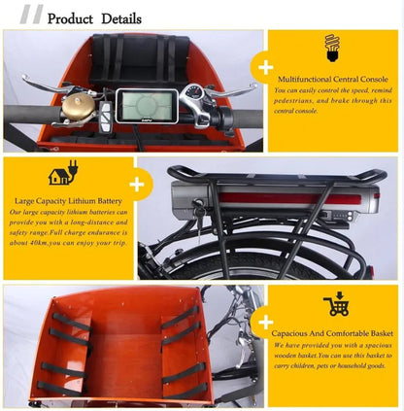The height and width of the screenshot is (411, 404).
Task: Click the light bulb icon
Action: coord(331,46)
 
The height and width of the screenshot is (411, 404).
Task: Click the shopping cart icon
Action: coord(336,302)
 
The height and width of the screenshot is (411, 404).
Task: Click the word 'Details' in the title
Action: coord(118,18)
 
